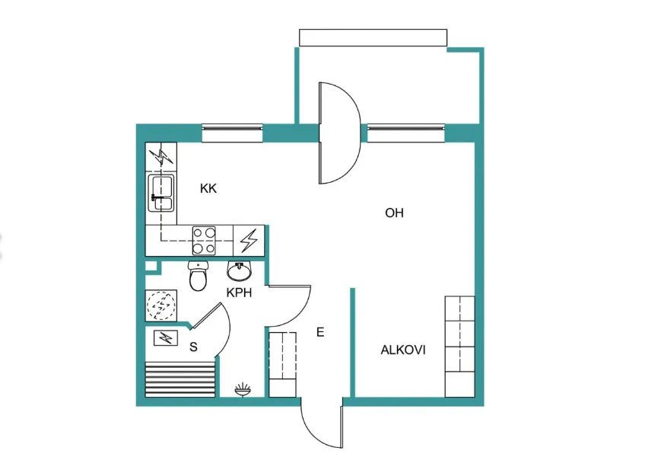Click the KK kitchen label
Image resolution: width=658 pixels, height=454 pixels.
point(208,188)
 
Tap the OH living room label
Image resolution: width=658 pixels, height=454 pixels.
point(394,213)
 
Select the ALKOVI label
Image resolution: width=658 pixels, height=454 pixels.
point(403,350)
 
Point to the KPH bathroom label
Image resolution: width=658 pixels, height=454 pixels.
point(239,293)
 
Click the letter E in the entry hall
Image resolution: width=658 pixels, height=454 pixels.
point(320,333)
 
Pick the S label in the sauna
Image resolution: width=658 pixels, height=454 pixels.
point(193,347)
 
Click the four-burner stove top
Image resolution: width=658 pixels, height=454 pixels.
point(204,241)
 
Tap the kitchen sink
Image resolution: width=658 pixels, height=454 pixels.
point(161,193)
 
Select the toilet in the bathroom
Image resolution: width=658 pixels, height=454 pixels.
point(198,276)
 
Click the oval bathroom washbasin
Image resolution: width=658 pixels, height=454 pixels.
point(239,271)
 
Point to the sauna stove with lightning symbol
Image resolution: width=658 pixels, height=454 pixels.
point(166,337)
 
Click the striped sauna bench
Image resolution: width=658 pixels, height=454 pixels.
point(180,379)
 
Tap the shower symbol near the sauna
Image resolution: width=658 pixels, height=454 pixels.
point(243,390)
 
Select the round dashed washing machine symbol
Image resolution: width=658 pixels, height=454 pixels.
point(161,305)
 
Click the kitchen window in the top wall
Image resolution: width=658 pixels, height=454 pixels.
point(233,133)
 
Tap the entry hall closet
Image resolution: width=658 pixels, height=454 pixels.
point(282,364)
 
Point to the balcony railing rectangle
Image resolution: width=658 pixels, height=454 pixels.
point(373,37)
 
